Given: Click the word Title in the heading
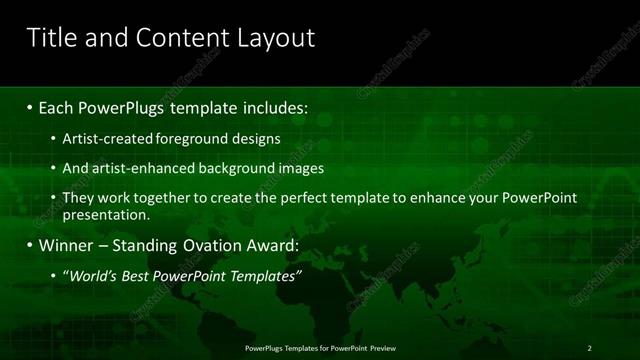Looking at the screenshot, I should (x=49, y=38).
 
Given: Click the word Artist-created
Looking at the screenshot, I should (x=106, y=139).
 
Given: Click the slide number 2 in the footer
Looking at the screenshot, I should (x=589, y=348).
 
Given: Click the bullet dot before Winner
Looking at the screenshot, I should (x=30, y=245).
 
